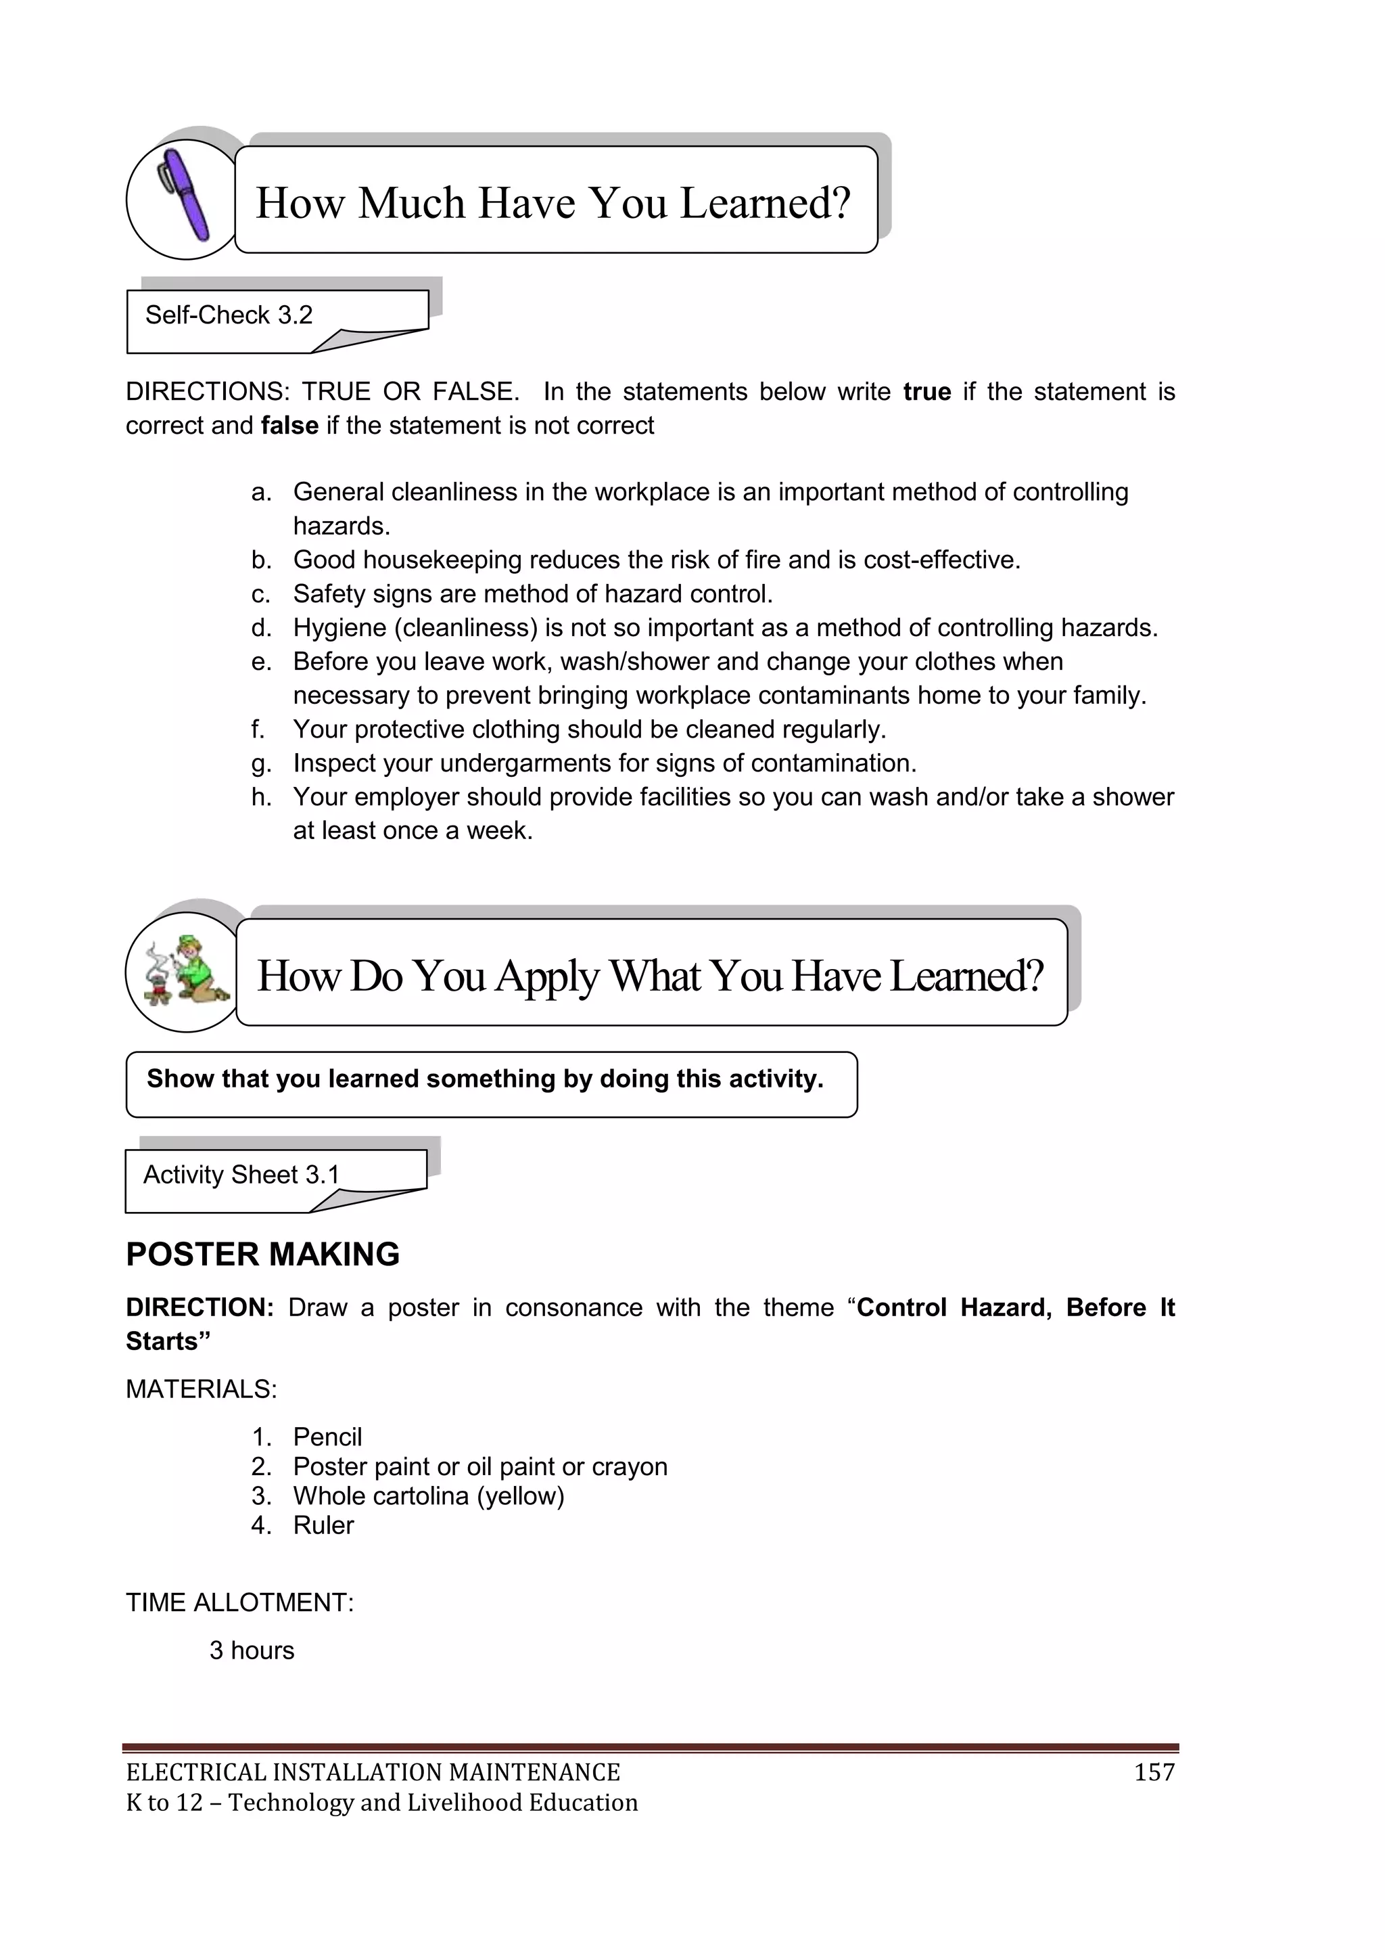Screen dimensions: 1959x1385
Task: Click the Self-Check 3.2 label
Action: click(229, 315)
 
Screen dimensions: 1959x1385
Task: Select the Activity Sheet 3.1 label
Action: click(241, 1175)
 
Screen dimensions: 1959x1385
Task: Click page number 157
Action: click(1154, 1772)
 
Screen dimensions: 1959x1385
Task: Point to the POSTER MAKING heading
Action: click(262, 1255)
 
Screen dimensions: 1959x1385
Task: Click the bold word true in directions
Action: click(926, 392)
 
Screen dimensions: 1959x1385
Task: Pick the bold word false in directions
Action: click(289, 426)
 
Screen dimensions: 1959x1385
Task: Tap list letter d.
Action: click(261, 628)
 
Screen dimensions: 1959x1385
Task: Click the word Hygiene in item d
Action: click(339, 628)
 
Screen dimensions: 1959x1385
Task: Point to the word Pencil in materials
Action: click(327, 1437)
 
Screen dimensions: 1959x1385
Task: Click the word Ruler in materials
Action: click(323, 1525)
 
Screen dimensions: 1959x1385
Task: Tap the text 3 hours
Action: click(252, 1650)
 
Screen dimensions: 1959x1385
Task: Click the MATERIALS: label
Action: click(202, 1389)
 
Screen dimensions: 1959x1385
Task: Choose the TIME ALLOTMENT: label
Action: click(239, 1602)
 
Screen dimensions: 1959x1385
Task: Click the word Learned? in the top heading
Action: click(765, 203)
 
